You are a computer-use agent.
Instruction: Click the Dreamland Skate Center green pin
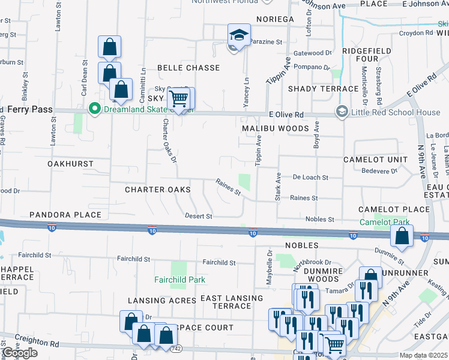94,109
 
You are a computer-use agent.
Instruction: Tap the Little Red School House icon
342,112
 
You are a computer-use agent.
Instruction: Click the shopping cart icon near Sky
178,97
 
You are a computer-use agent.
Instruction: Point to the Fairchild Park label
179,280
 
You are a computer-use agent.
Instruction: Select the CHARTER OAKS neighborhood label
157,190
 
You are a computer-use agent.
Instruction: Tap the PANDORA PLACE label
65,215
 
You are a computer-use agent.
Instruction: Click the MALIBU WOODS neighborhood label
276,128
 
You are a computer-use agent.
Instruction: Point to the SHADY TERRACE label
323,89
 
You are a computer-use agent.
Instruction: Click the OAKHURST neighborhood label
70,163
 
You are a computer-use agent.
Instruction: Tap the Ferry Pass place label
26,109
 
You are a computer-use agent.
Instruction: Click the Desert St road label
199,216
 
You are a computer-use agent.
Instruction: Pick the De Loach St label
310,178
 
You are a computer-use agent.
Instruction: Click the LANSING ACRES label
161,300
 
